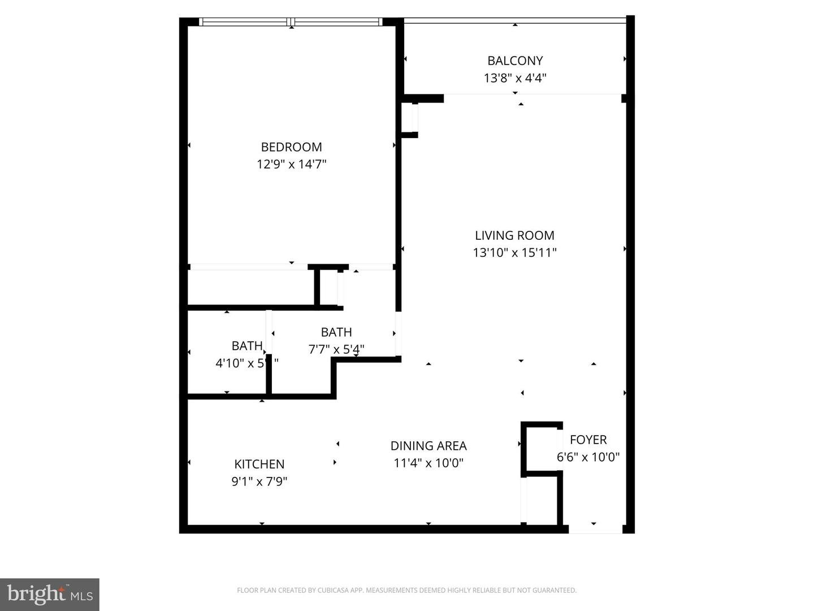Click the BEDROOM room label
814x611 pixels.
291,147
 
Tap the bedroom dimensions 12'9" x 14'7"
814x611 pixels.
291,165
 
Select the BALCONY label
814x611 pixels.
515,61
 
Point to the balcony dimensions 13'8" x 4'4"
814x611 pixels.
515,78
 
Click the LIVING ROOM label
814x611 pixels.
514,235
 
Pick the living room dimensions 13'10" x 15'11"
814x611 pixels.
514,253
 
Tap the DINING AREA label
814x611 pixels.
428,446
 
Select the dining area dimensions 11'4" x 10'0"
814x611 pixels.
428,463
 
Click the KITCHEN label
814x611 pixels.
259,464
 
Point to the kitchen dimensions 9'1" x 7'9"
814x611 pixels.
259,482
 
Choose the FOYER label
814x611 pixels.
588,440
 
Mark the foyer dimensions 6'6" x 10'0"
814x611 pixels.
588,457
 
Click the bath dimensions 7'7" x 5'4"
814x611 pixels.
336,350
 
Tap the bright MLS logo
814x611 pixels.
50,594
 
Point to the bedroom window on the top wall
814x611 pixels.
291,22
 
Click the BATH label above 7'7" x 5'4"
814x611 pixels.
336,332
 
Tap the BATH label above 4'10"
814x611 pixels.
247,346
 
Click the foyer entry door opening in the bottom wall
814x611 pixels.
595,529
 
